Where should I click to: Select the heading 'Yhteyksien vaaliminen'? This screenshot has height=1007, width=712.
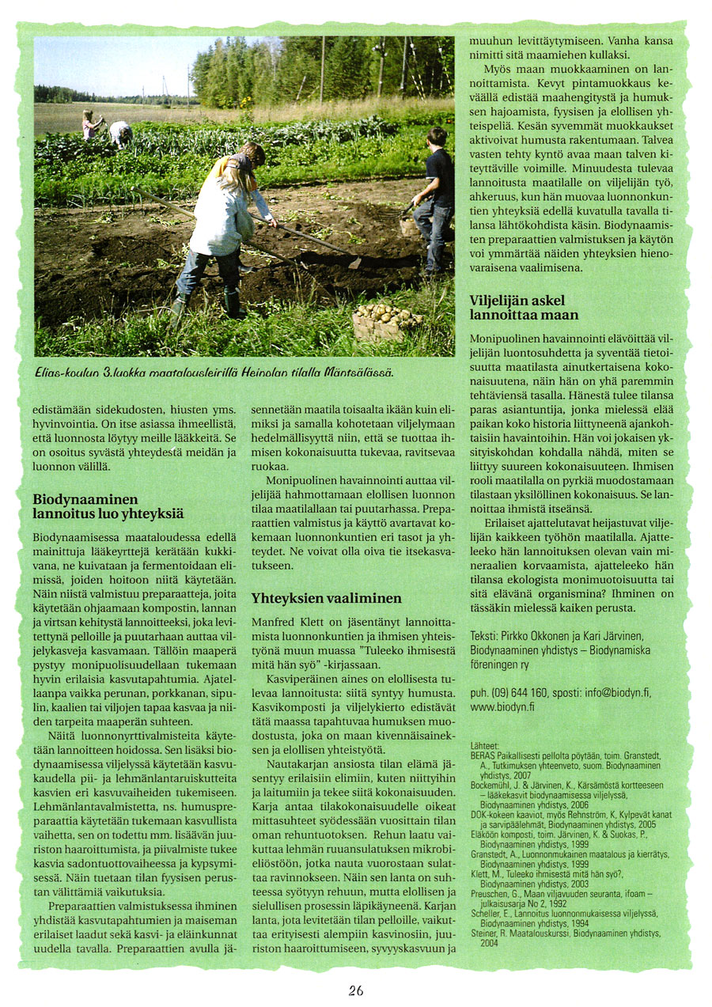[326, 598]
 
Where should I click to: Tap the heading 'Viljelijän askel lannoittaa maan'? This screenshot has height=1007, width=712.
[524, 308]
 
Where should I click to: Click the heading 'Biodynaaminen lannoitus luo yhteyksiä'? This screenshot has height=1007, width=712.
[108, 507]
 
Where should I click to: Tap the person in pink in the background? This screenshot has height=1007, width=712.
[90, 125]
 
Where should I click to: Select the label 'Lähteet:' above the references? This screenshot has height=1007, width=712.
[484, 746]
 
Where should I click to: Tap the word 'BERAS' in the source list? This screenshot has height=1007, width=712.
[483, 755]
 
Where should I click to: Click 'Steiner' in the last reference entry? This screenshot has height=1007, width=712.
[485, 933]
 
